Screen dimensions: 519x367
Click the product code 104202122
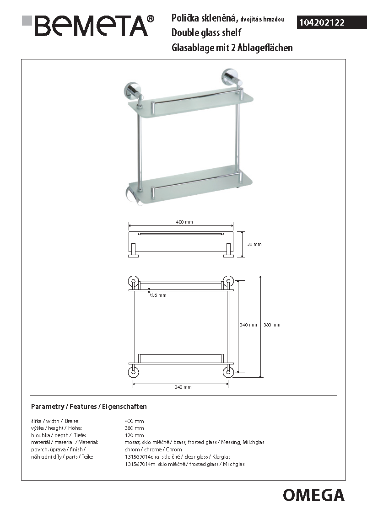pyautogui.click(x=321, y=22)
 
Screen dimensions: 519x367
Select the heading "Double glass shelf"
pyautogui.click(x=206, y=33)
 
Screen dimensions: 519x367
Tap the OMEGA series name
pyautogui.click(x=313, y=495)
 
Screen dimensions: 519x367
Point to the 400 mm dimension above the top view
pyautogui.click(x=184, y=222)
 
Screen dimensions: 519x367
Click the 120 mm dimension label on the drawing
pyautogui.click(x=253, y=245)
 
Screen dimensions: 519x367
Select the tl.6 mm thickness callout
pyautogui.click(x=158, y=295)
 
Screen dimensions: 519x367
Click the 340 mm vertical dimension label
pyautogui.click(x=248, y=325)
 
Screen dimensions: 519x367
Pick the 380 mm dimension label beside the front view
pyautogui.click(x=272, y=325)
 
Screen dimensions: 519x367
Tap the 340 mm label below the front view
pyautogui.click(x=183, y=387)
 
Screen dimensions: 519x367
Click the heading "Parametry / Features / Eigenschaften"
pyautogui.click(x=89, y=407)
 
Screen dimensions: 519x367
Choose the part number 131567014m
pyautogui.click(x=140, y=464)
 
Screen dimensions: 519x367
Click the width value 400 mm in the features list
pyautogui.click(x=134, y=421)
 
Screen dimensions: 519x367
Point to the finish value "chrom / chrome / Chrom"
pyautogui.click(x=153, y=449)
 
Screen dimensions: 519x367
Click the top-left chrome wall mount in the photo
pyautogui.click(x=130, y=90)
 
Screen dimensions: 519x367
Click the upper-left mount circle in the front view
pyautogui.click(x=134, y=281)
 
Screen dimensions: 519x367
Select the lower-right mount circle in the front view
pyautogui.click(x=227, y=371)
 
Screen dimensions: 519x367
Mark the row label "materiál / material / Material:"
pyautogui.click(x=65, y=442)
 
